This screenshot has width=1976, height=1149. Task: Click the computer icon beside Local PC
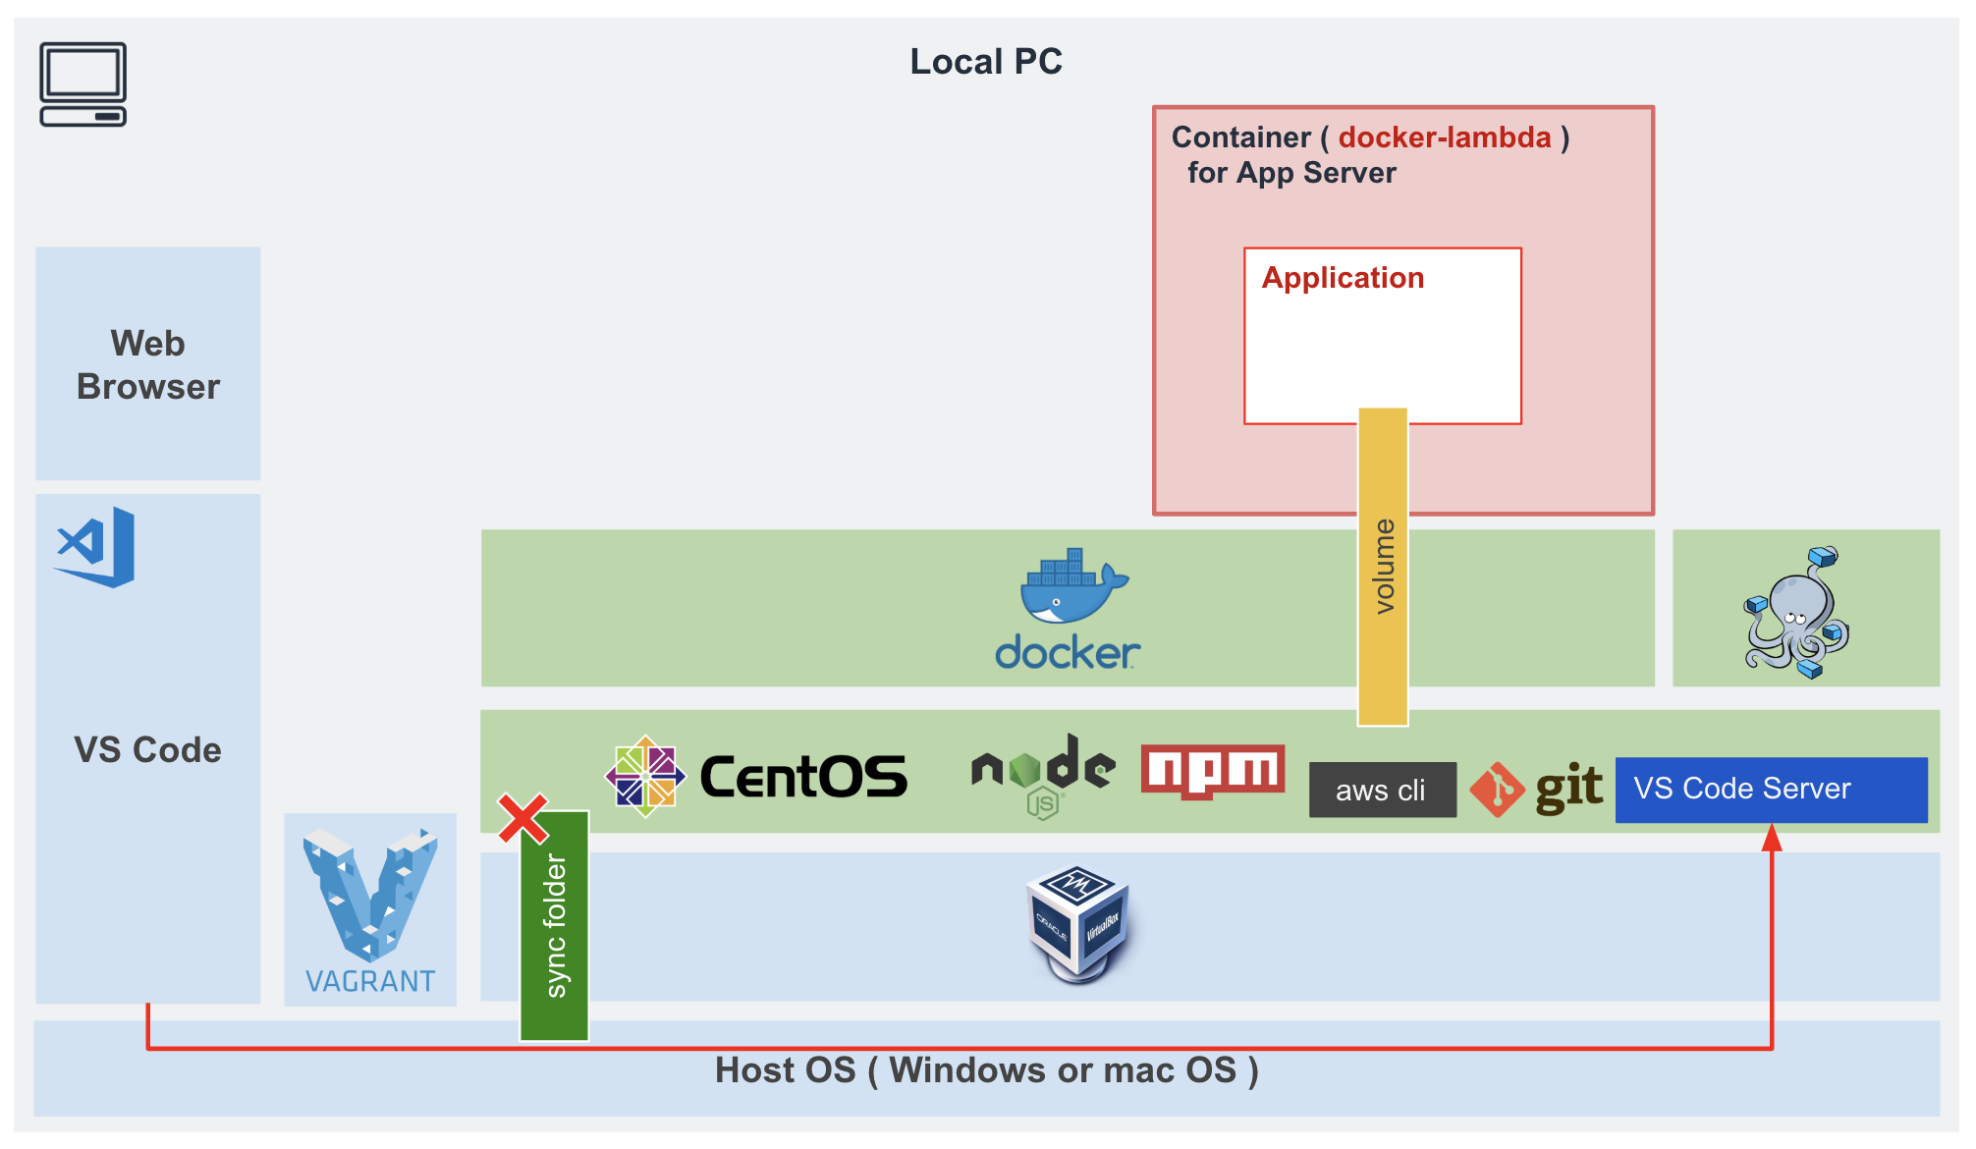pos(83,84)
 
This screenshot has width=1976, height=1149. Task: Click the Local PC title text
pos(986,62)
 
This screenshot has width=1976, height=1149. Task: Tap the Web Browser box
pos(148,364)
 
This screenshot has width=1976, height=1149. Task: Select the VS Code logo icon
pos(96,547)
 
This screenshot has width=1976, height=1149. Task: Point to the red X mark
pos(522,819)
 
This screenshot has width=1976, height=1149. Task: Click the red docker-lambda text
pos(1445,137)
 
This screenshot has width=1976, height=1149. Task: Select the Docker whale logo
pos(1070,609)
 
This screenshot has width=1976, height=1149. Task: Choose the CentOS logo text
pos(803,777)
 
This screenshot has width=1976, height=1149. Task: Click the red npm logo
pos(1213,771)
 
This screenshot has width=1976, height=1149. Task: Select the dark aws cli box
pos(1382,790)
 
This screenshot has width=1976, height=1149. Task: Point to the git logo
pos(1538,789)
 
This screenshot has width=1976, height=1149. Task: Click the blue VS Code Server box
pos(1771,789)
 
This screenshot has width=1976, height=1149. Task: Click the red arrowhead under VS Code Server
pos(1772,838)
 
